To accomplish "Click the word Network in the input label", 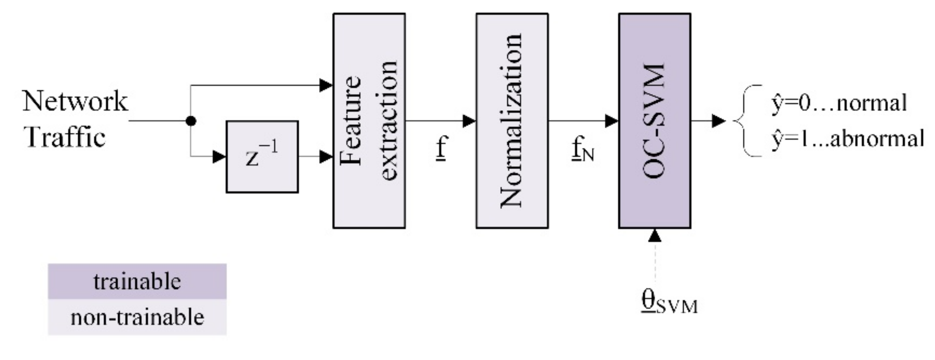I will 75,101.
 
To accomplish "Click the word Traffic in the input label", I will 66,138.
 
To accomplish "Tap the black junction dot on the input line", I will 191,121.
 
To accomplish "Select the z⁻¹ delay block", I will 262,157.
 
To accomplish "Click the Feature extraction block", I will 369,121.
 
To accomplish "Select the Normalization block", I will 512,121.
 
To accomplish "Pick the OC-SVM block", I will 654,121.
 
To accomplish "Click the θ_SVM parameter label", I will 668,303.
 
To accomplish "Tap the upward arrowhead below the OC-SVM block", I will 655,236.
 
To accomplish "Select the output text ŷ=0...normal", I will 839,103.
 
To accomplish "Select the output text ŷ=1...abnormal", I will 847,139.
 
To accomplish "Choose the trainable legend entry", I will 137,281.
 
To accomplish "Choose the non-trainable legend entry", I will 137,317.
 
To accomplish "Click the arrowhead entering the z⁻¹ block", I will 219,157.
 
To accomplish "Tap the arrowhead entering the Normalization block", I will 469,121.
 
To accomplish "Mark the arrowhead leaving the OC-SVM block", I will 718,121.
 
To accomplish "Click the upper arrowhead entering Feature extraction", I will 326,85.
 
